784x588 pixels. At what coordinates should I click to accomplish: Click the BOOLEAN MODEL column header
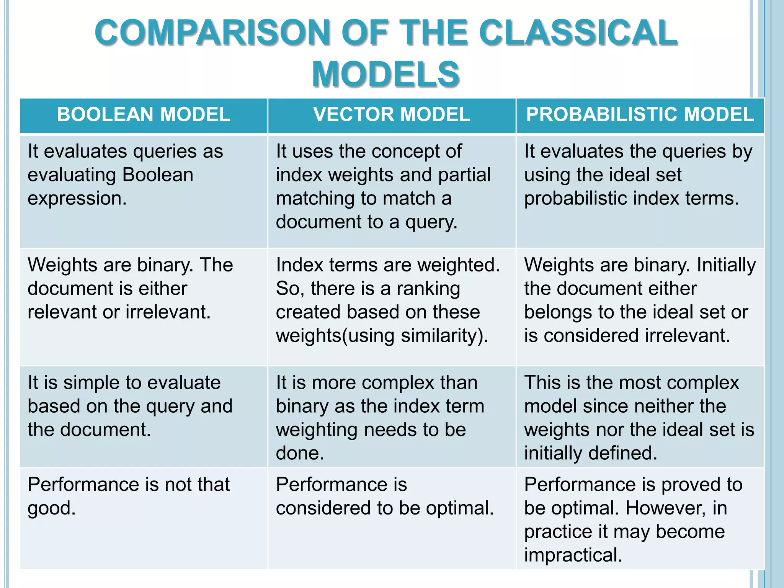click(x=144, y=114)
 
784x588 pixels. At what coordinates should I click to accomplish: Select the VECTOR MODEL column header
click(x=392, y=114)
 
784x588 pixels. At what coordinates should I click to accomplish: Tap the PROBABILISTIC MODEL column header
click(x=640, y=114)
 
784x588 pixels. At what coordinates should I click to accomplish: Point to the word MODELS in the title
click(x=386, y=74)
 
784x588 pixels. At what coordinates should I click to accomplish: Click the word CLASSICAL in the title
click(x=578, y=33)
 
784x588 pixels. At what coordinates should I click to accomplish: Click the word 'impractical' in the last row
click(x=573, y=555)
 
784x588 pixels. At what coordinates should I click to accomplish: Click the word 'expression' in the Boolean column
click(x=77, y=198)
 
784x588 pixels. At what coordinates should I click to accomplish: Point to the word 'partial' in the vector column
click(x=464, y=175)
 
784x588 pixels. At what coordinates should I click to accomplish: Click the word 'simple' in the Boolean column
click(x=91, y=383)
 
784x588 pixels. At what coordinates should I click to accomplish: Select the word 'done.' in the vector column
click(x=300, y=453)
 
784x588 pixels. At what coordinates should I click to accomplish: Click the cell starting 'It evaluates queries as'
click(x=144, y=191)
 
